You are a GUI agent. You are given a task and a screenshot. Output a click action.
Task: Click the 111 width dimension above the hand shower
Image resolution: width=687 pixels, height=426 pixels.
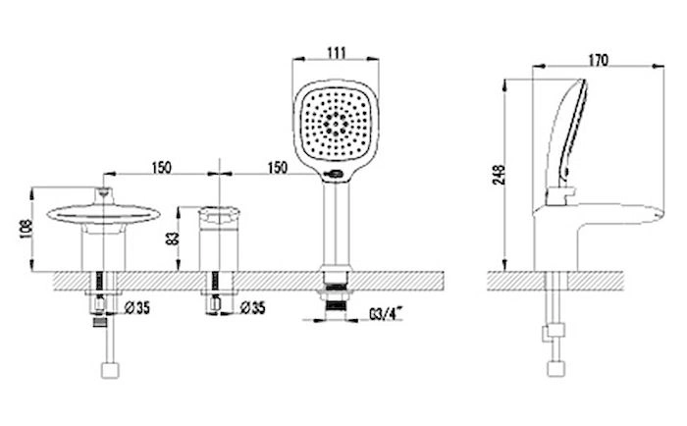pos(337,53)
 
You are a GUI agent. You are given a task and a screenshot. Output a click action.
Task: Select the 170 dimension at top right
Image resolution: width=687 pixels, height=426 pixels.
pos(598,60)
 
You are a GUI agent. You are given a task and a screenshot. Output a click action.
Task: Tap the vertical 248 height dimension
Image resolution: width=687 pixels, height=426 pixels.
pos(499,175)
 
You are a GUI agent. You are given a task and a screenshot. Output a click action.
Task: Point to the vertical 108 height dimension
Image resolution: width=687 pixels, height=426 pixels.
pos(26,229)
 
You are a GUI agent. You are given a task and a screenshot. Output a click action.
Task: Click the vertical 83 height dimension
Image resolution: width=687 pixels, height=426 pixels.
pos(174,239)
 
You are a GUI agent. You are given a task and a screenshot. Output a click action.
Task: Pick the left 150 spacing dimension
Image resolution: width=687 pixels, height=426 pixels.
pos(162,168)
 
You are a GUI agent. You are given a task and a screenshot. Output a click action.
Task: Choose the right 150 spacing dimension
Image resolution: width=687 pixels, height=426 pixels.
pos(277,168)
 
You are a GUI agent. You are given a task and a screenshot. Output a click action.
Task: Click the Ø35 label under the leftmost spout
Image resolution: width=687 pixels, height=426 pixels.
pos(136,307)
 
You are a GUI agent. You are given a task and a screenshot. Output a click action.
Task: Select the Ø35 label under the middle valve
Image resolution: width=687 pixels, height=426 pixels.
pos(253,307)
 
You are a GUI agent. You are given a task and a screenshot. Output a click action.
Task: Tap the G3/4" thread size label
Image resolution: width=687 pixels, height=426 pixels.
pos(386,314)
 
